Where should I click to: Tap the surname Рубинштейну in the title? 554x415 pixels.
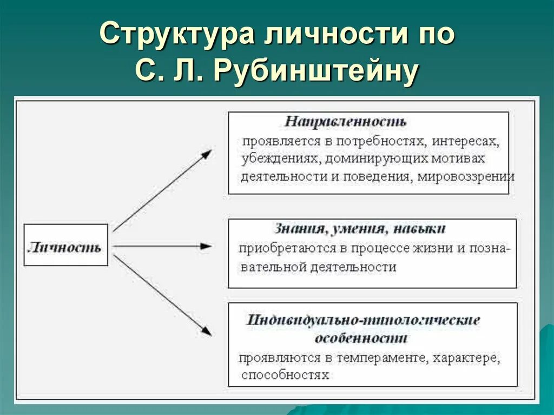click(x=316, y=71)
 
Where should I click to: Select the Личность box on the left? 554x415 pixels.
click(x=65, y=247)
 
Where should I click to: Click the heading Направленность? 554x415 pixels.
click(x=346, y=122)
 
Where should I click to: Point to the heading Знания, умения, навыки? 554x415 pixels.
click(x=360, y=228)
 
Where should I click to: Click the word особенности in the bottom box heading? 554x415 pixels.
click(x=361, y=339)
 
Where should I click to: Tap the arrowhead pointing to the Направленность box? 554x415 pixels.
click(x=206, y=154)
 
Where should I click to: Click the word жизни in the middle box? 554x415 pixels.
click(x=430, y=248)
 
